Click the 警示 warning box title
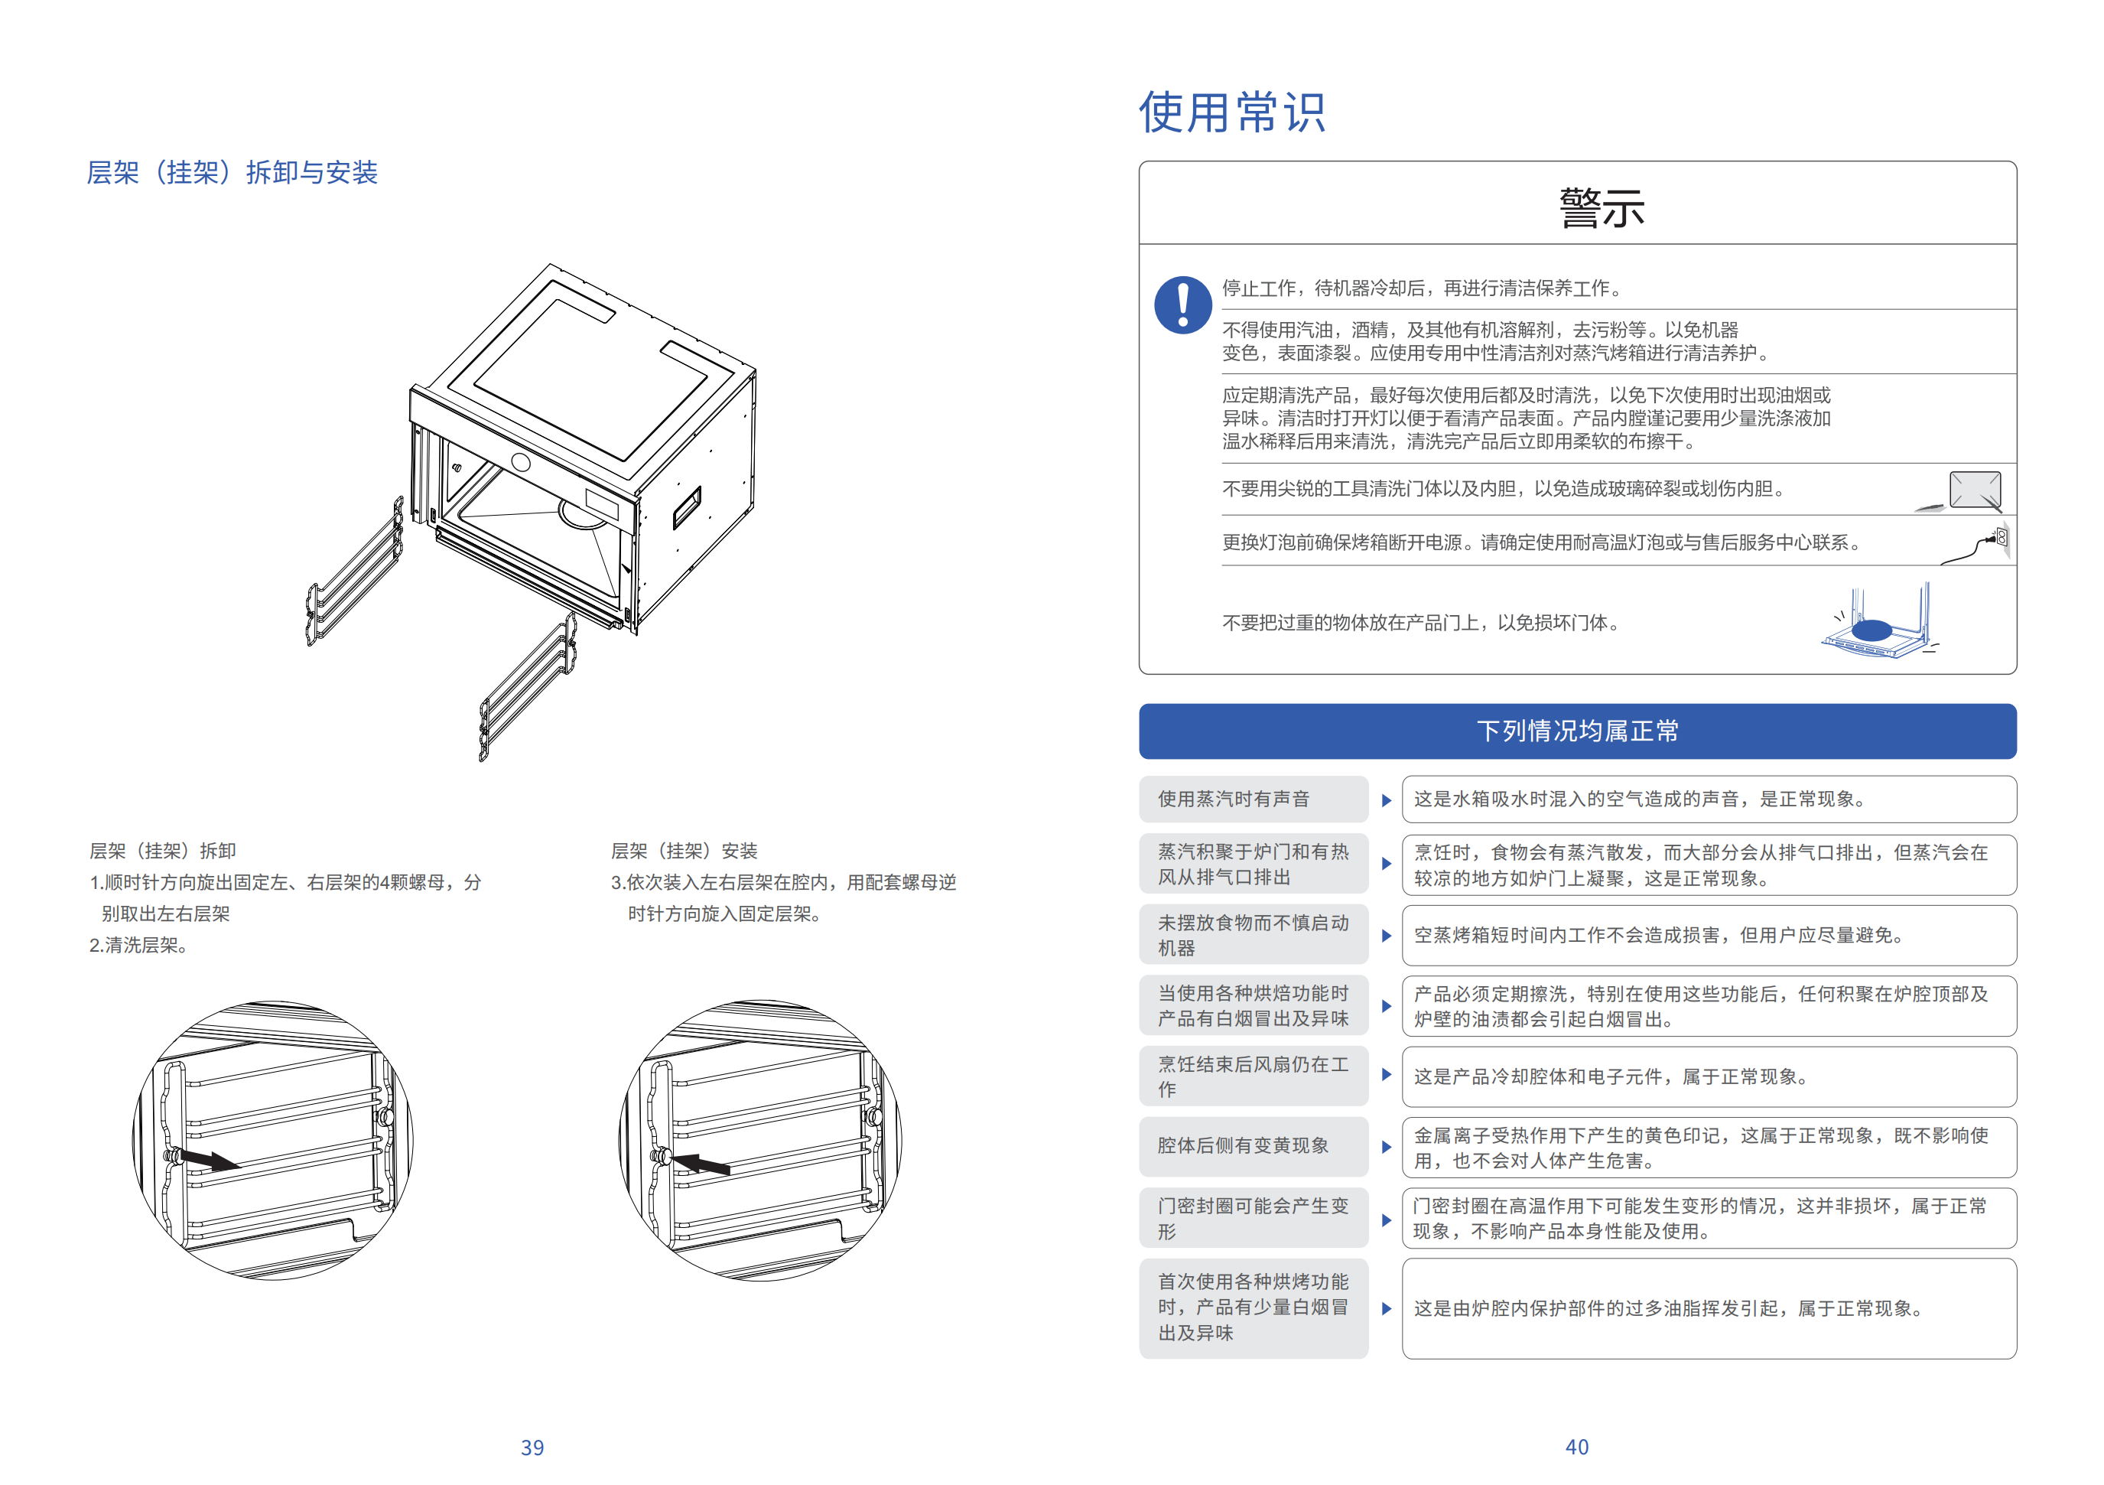pyautogui.click(x=1601, y=207)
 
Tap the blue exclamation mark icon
pyautogui.click(x=1183, y=305)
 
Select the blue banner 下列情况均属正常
pyautogui.click(x=1576, y=731)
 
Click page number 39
pyautogui.click(x=532, y=1448)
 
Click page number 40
pyautogui.click(x=1576, y=1447)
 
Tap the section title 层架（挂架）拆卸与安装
pyautogui.click(x=232, y=172)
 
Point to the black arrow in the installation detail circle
pyautogui.click(x=701, y=1163)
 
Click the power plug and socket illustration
pyautogui.click(x=1979, y=545)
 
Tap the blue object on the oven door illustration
pyautogui.click(x=1871, y=630)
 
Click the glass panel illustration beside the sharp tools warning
pyautogui.click(x=1974, y=490)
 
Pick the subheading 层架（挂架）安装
pyautogui.click(x=684, y=851)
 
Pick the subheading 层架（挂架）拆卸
pyautogui.click(x=162, y=851)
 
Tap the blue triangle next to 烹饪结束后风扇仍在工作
pyautogui.click(x=1386, y=1074)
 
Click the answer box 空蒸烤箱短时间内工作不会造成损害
pyautogui.click(x=1708, y=935)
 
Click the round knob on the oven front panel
pyautogui.click(x=521, y=463)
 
